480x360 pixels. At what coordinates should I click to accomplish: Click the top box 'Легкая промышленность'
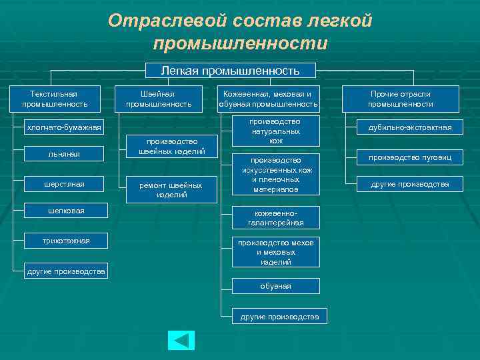[x=231, y=70]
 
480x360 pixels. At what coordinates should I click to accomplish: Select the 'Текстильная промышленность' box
[x=55, y=99]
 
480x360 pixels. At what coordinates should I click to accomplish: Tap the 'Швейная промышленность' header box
[x=159, y=99]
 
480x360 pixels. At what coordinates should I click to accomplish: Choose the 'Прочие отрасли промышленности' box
[x=401, y=99]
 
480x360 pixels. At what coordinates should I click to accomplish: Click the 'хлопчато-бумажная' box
[x=63, y=127]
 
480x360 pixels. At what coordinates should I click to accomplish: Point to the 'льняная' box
[x=63, y=154]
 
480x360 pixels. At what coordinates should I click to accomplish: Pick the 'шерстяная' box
[x=63, y=183]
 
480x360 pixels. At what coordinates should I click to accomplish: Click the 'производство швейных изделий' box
[x=171, y=147]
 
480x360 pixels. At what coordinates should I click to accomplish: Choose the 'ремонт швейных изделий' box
[x=171, y=190]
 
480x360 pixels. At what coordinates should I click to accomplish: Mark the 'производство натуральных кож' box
[x=275, y=131]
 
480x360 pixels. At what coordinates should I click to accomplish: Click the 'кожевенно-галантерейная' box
[x=275, y=218]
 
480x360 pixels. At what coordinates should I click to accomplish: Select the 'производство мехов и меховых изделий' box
[x=275, y=253]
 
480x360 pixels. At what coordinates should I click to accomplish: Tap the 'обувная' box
[x=275, y=286]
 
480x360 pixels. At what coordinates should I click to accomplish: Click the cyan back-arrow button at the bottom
[x=181, y=340]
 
